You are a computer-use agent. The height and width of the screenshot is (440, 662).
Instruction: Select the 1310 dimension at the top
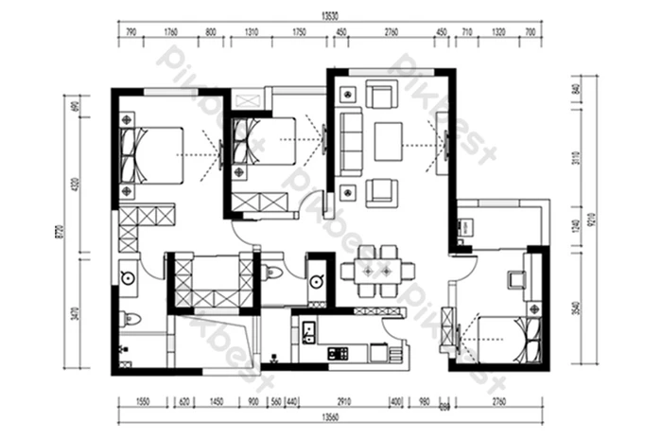point(251,33)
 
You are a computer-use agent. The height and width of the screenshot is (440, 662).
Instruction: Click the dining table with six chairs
point(377,270)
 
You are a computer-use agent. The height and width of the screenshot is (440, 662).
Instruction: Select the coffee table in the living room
point(389,142)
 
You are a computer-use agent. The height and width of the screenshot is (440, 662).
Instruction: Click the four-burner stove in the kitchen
point(338,354)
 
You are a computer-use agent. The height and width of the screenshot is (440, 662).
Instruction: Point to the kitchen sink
point(306,332)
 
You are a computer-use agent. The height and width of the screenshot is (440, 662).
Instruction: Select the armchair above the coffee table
point(381,96)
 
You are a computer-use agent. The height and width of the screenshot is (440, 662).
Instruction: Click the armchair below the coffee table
point(380,191)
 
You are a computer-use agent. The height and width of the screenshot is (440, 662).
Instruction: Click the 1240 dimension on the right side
point(576,227)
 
